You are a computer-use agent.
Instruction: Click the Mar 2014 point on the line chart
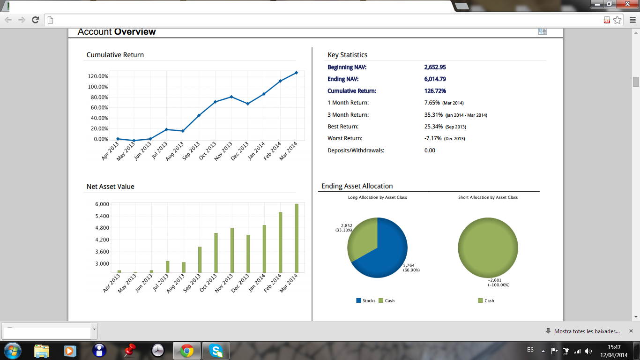[296, 73]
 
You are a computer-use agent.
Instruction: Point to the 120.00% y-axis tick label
[98, 76]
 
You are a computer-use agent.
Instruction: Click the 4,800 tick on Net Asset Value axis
[102, 228]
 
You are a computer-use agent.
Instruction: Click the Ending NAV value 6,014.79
[435, 79]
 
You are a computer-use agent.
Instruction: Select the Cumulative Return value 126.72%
[435, 91]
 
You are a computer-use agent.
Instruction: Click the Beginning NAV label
[347, 67]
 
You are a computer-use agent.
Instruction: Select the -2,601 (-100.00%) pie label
[498, 282]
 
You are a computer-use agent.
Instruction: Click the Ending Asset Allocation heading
[357, 186]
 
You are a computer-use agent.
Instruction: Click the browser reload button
[35, 20]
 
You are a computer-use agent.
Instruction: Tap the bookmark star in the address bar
[618, 20]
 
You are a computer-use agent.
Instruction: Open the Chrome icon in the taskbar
[187, 351]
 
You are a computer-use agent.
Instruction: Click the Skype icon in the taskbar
[216, 351]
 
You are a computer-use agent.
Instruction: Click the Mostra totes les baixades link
[587, 331]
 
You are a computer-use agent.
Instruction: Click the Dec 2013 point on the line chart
[247, 104]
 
